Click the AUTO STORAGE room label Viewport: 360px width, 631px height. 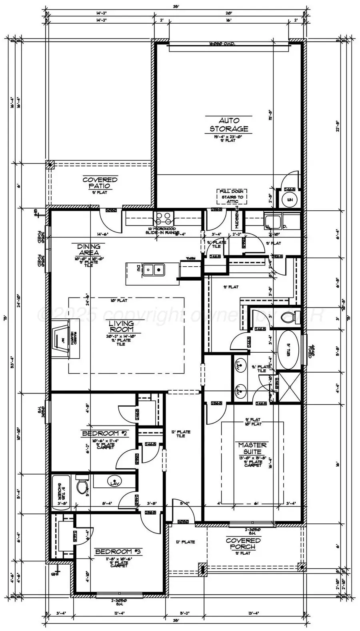pos(229,124)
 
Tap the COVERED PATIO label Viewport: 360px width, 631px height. pos(100,183)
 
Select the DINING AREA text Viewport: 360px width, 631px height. pos(88,250)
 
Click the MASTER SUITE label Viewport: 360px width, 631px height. pos(252,448)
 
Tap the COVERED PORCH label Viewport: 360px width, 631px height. pos(243,543)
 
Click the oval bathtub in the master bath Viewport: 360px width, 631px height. pos(288,351)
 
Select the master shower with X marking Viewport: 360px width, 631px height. pos(289,386)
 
